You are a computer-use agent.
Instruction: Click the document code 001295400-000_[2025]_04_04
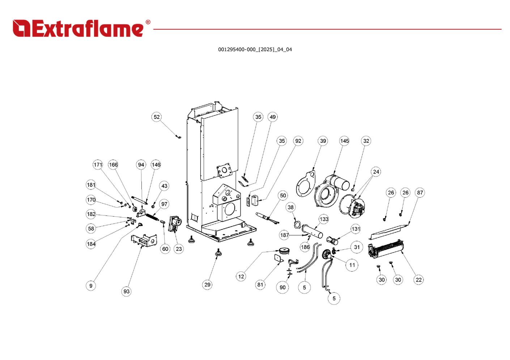(x=255, y=50)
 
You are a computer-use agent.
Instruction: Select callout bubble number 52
(x=156, y=117)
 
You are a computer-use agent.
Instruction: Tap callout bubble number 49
(x=273, y=117)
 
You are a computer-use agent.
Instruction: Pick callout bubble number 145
(x=344, y=141)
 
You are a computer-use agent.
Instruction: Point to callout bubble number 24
(x=376, y=172)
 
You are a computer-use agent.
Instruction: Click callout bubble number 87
(x=420, y=192)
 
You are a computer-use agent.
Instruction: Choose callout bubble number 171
(x=98, y=165)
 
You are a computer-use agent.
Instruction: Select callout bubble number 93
(x=126, y=291)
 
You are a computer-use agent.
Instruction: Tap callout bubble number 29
(x=207, y=284)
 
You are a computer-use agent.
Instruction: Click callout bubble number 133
(x=324, y=219)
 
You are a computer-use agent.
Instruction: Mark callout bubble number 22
(x=418, y=279)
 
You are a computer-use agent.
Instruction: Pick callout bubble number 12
(x=241, y=277)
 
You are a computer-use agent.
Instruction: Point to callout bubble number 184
(x=91, y=244)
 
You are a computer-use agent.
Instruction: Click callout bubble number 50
(x=283, y=196)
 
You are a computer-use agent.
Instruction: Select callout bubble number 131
(x=356, y=229)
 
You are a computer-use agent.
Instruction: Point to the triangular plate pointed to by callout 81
(x=279, y=258)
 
